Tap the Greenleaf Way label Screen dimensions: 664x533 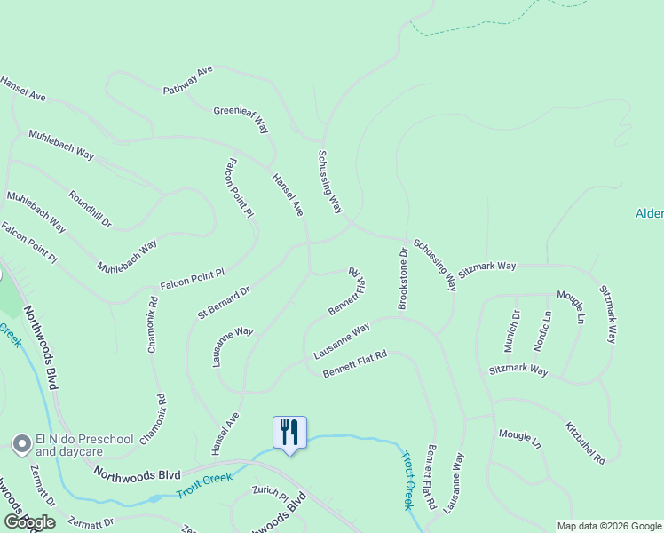241,120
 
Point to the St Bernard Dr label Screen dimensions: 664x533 225,301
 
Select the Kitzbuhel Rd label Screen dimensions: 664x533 585,442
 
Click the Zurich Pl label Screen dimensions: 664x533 270,491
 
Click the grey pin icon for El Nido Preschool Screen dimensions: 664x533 21,442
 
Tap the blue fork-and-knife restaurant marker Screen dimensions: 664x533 289,433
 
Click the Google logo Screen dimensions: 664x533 29,522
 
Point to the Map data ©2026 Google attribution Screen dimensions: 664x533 609,526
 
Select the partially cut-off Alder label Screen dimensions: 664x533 649,213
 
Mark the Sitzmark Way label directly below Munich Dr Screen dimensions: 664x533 518,370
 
